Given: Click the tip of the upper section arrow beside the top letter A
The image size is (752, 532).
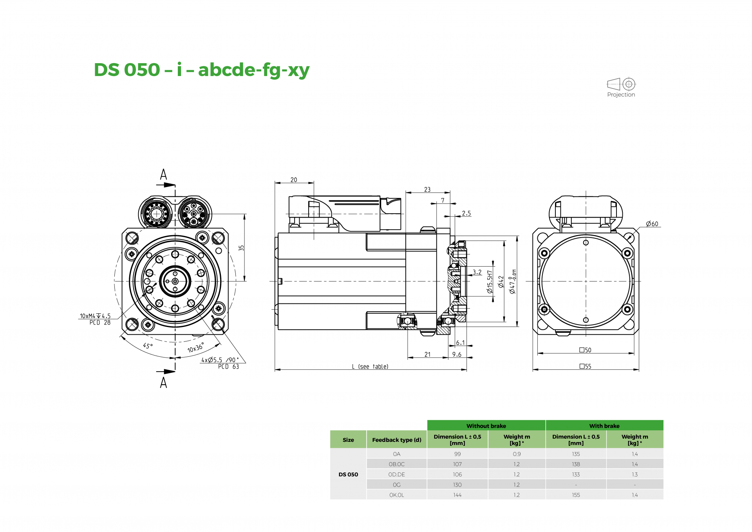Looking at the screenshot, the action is pyautogui.click(x=175, y=185).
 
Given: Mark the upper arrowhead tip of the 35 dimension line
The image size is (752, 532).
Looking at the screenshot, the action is pyautogui.click(x=244, y=214).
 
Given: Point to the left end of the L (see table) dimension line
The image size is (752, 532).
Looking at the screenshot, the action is pyautogui.click(x=275, y=370).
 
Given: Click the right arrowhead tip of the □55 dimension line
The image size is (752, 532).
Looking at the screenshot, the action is pyautogui.click(x=639, y=369).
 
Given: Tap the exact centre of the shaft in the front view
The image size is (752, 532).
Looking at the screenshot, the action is pyautogui.click(x=175, y=281).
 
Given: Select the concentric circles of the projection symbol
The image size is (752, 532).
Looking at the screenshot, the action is pyautogui.click(x=629, y=84).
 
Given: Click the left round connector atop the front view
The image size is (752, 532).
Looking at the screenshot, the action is pyautogui.click(x=156, y=214).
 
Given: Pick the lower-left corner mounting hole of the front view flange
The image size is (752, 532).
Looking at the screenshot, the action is pyautogui.click(x=132, y=325).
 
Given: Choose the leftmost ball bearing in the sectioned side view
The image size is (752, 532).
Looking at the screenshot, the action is pyautogui.click(x=407, y=321).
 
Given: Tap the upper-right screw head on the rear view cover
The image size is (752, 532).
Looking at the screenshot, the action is pyautogui.click(x=627, y=253).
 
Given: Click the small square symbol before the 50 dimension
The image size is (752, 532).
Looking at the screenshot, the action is pyautogui.click(x=582, y=350).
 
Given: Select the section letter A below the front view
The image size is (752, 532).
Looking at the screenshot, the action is pyautogui.click(x=163, y=382).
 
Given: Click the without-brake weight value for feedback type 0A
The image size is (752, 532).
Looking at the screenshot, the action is pyautogui.click(x=517, y=454).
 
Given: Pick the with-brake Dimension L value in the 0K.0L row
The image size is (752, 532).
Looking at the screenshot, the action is pyautogui.click(x=576, y=495).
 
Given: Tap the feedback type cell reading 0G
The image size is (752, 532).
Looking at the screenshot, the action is pyautogui.click(x=396, y=485).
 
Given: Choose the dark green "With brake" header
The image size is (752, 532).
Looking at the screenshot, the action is pyautogui.click(x=604, y=426).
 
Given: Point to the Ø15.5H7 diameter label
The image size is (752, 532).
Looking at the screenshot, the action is pyautogui.click(x=489, y=281).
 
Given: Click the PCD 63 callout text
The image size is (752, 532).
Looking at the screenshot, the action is pyautogui.click(x=228, y=367).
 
